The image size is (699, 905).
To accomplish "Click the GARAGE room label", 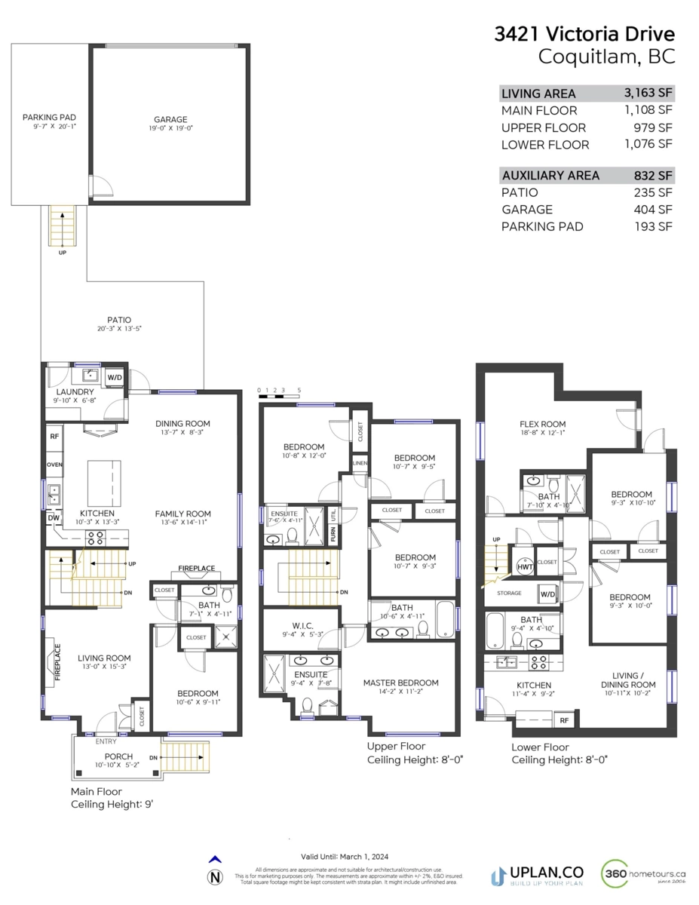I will click(170, 119).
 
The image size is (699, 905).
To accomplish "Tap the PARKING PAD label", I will click(49, 117).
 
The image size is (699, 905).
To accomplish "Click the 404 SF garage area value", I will click(654, 210).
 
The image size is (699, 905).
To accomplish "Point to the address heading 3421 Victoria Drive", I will click(584, 34).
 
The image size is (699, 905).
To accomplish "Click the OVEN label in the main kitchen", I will click(54, 465).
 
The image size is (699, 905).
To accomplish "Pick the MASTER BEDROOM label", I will click(400, 683).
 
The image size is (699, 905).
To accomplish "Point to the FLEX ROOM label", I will click(542, 425).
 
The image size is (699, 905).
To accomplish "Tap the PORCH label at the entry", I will click(118, 756).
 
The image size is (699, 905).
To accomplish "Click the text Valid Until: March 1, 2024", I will click(345, 857).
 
